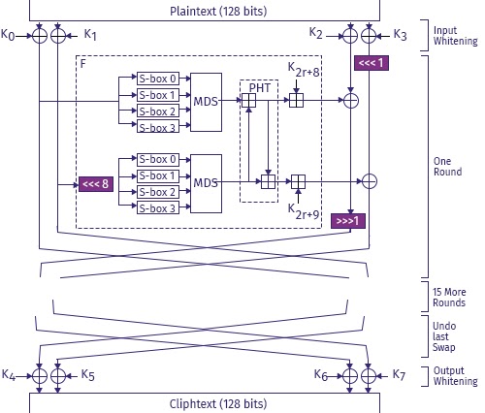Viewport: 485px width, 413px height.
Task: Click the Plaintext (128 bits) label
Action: point(218,12)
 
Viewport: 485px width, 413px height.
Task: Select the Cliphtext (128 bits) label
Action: point(218,404)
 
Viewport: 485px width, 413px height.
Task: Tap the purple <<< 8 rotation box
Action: point(96,184)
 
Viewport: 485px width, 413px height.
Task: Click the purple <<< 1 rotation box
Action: point(372,63)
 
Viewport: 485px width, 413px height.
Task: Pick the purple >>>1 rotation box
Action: point(348,221)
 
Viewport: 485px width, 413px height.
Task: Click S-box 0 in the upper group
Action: point(158,79)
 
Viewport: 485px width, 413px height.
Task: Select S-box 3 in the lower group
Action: point(158,208)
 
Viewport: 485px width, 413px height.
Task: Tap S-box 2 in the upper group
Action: point(158,111)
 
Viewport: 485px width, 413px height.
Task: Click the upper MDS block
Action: point(206,102)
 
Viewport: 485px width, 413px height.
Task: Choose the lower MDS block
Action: point(206,183)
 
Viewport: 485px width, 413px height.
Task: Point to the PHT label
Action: point(260,88)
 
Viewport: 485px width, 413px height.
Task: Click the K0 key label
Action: point(8,35)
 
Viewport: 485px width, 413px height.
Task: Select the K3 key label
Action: point(400,35)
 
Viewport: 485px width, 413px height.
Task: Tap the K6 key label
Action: point(321,375)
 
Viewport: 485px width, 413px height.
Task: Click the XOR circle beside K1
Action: point(58,36)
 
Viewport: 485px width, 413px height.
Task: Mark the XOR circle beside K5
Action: point(58,376)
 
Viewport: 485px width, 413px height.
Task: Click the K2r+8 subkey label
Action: point(304,70)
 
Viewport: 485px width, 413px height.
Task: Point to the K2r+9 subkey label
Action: point(304,211)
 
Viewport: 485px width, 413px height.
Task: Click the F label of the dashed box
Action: point(83,64)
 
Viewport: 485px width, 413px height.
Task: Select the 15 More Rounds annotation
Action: point(449,298)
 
